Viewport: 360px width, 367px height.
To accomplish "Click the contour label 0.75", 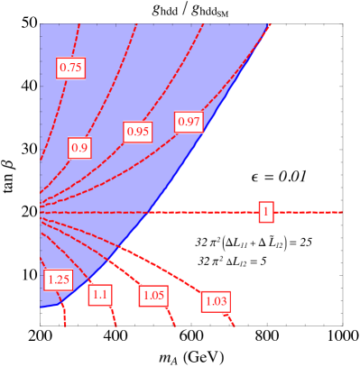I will (70, 68).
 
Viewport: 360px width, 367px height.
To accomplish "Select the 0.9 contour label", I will (79, 148).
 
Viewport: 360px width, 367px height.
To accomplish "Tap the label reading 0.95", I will (137, 132).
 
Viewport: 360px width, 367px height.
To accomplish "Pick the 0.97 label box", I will (189, 122).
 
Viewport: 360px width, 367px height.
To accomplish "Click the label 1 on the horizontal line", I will (265, 212).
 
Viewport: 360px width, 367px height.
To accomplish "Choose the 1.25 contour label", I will (58, 280).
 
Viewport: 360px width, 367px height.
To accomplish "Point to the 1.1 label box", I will (100, 294).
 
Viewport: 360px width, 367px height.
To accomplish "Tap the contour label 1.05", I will (153, 295).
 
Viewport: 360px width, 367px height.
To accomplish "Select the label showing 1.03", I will (217, 301).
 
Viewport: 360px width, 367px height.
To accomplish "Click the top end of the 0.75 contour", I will (78, 24).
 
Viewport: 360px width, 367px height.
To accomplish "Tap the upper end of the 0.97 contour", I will (271, 25).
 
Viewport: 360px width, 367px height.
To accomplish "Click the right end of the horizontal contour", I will (342, 212).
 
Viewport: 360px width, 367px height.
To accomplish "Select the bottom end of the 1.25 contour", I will (66, 326).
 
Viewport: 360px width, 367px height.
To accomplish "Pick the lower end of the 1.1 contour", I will (116, 326).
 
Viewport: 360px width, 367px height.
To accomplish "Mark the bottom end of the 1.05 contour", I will (175, 326).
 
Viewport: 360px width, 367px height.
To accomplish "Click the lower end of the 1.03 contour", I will (235, 326).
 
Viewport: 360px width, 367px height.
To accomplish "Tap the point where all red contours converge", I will (42, 212).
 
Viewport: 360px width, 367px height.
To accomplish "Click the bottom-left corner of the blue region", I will (42, 307).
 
